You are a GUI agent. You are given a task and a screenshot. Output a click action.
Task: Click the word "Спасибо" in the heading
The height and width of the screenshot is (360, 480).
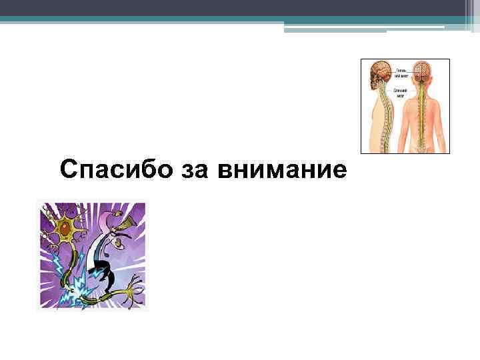pos(111,170)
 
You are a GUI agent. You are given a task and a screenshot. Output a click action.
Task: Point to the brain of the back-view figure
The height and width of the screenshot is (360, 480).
pos(421,71)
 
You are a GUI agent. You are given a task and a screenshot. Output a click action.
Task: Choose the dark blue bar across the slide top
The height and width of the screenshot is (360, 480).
pos(240,8)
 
